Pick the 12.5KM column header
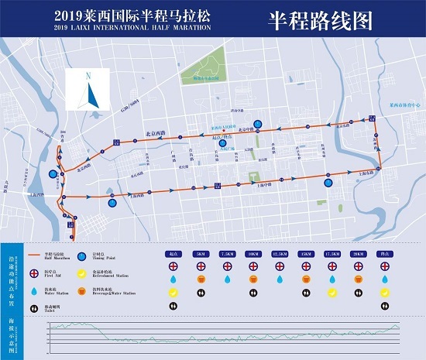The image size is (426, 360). click(x=280, y=253)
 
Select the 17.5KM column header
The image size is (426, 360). click(x=333, y=253)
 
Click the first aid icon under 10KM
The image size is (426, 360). click(x=253, y=266)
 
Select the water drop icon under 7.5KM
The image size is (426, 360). click(x=226, y=279)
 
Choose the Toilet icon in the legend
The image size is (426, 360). click(x=33, y=307)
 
